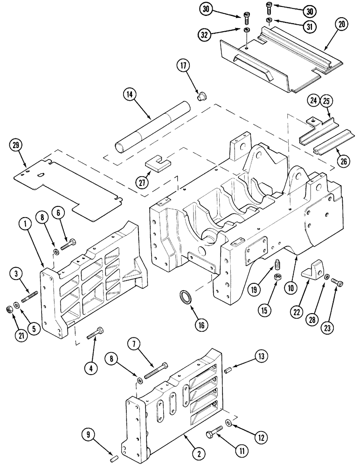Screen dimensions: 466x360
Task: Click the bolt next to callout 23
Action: (x=337, y=281)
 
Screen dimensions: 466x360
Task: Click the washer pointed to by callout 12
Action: (x=228, y=422)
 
